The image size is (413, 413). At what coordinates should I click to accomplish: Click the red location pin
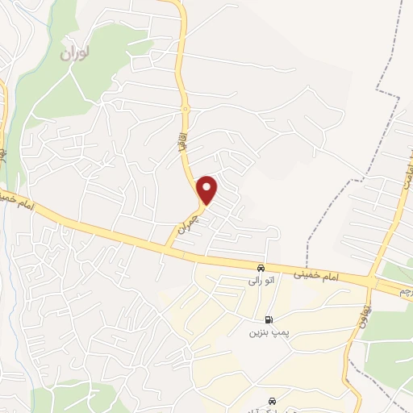click(x=208, y=189)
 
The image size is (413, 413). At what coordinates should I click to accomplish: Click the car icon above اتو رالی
click(x=261, y=268)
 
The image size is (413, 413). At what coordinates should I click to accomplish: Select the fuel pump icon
click(x=269, y=319)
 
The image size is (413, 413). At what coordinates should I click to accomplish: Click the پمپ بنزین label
click(x=267, y=332)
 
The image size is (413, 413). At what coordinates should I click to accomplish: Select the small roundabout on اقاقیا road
click(x=185, y=109)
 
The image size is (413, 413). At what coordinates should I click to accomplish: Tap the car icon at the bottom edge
click(x=273, y=400)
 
